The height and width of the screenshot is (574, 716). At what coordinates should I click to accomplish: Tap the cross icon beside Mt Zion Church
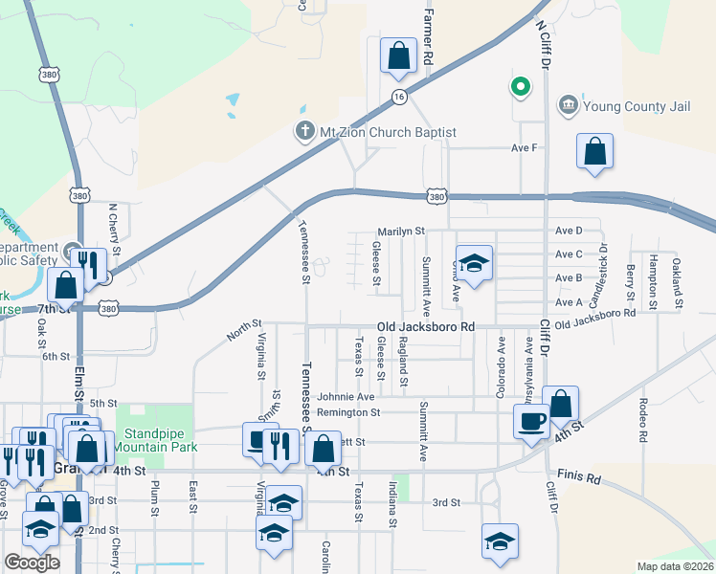[x=305, y=132]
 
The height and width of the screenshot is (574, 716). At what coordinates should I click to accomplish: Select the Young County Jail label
[x=637, y=106]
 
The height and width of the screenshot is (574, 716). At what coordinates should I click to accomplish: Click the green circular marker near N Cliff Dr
[x=520, y=88]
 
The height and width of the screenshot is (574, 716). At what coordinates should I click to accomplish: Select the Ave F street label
[x=525, y=148]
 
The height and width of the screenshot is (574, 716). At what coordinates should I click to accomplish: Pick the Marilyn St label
[x=400, y=232]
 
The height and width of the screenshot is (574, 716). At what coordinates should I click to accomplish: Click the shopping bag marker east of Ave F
[x=594, y=152]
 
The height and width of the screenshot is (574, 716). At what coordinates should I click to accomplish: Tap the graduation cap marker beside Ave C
[x=474, y=261]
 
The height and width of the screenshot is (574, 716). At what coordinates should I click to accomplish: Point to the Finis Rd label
[x=579, y=476]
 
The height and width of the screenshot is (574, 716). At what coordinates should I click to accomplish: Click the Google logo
[x=32, y=563]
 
